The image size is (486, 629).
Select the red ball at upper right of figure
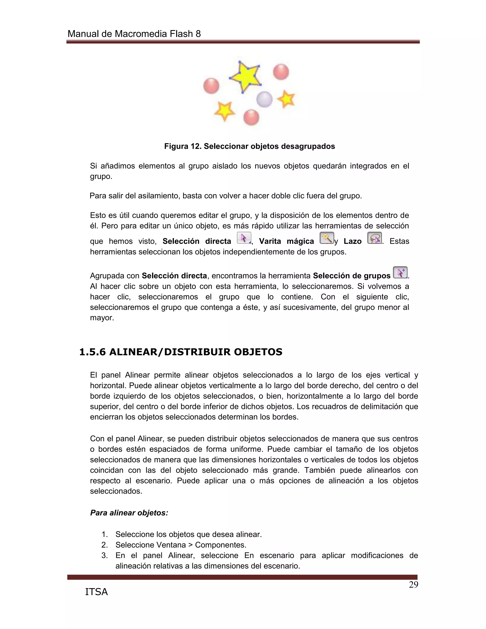(x=281, y=72)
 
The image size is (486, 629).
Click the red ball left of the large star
(x=211, y=86)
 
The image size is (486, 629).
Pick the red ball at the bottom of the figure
(x=251, y=117)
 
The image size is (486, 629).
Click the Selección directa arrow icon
(x=244, y=238)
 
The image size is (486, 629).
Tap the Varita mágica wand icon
(x=327, y=238)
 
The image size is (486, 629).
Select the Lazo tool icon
(x=374, y=238)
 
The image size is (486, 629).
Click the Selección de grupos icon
(x=400, y=272)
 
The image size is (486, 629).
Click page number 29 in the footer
(x=413, y=585)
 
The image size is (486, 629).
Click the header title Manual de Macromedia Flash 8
(x=134, y=34)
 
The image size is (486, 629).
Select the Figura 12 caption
(x=249, y=146)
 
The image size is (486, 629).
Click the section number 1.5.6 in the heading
(x=92, y=352)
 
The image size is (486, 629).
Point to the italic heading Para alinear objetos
(x=129, y=513)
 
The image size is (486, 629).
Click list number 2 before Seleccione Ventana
(x=104, y=545)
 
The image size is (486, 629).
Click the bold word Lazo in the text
(x=352, y=241)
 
